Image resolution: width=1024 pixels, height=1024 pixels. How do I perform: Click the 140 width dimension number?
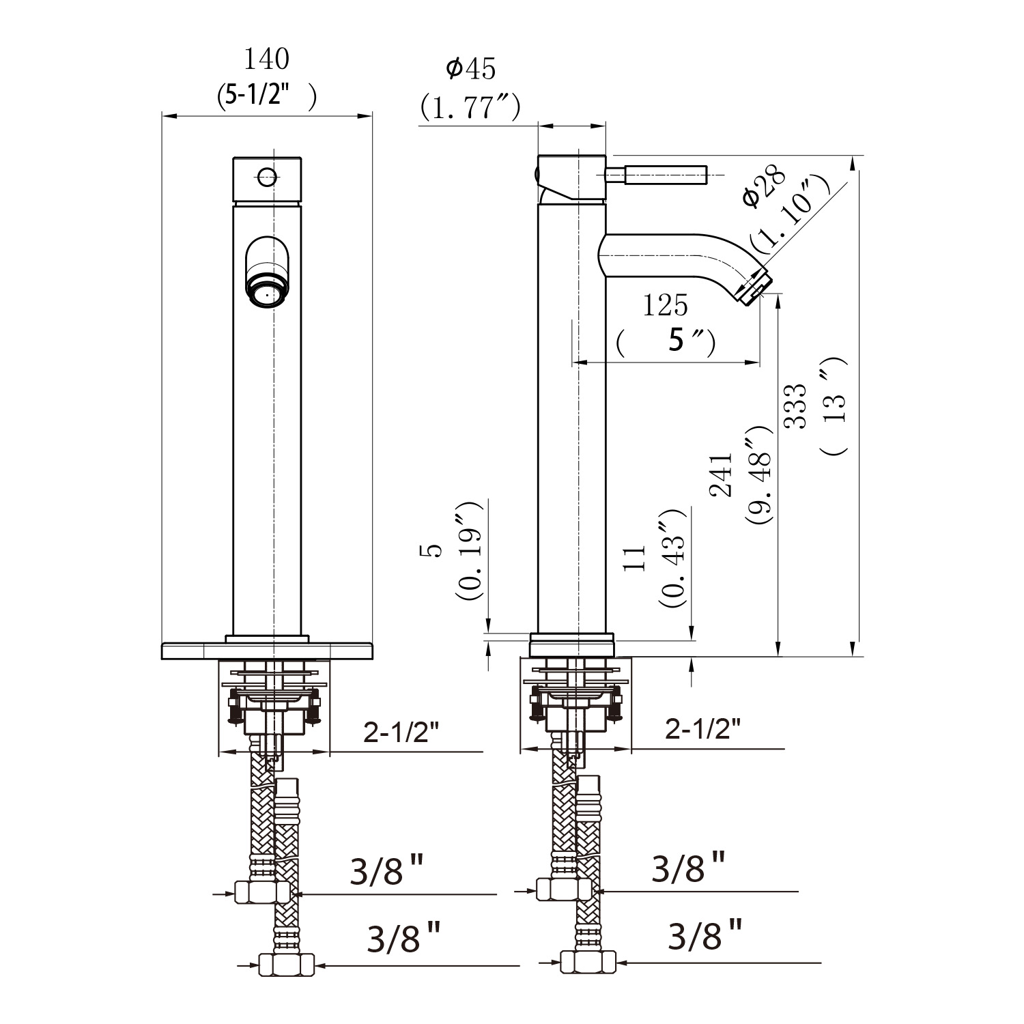click(x=267, y=59)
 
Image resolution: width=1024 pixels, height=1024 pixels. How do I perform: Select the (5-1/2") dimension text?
click(x=267, y=97)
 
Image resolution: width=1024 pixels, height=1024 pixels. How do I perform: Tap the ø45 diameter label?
click(x=470, y=68)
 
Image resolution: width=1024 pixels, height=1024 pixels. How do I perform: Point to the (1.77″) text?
click(x=470, y=106)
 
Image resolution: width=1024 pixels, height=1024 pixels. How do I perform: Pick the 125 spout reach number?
click(x=665, y=305)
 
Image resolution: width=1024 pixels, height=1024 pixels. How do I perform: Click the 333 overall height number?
click(x=795, y=406)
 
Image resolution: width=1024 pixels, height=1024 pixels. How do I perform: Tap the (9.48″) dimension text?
click(x=758, y=475)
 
